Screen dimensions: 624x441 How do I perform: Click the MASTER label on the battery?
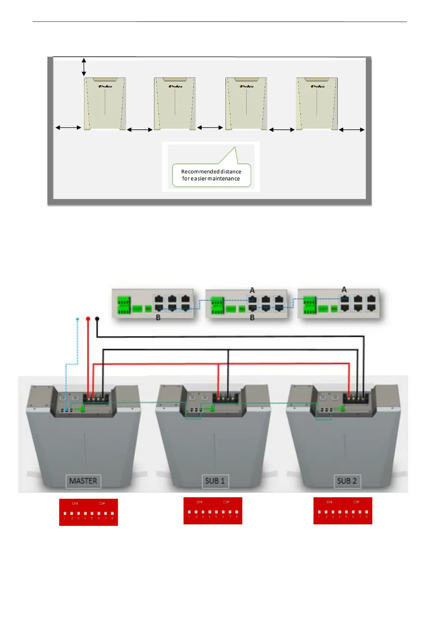click(x=83, y=481)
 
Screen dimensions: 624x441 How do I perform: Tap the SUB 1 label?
click(x=215, y=481)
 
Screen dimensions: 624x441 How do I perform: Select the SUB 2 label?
click(x=347, y=481)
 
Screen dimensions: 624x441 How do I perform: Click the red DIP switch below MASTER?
click(x=88, y=512)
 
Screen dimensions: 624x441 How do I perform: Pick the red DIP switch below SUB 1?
click(x=213, y=511)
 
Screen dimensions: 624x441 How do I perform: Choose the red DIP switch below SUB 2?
click(x=343, y=511)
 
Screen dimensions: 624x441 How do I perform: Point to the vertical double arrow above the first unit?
click(x=84, y=67)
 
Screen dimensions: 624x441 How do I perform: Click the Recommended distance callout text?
click(x=211, y=175)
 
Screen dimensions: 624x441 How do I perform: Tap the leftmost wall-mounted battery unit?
click(x=105, y=104)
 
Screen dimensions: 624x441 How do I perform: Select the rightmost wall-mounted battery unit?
click(x=317, y=104)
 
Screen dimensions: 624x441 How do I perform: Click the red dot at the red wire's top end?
click(x=88, y=319)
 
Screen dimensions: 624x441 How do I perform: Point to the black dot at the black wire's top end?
click(x=97, y=319)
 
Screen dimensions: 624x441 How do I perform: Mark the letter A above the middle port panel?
click(x=252, y=290)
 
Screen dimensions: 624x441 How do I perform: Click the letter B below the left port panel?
click(x=158, y=318)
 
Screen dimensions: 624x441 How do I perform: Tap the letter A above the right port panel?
click(x=344, y=289)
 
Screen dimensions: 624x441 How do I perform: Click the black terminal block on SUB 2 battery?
click(x=355, y=398)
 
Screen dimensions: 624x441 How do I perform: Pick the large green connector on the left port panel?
click(x=124, y=305)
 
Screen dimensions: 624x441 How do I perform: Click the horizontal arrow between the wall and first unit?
click(x=69, y=127)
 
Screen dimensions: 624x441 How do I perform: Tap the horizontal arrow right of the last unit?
click(x=352, y=130)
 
